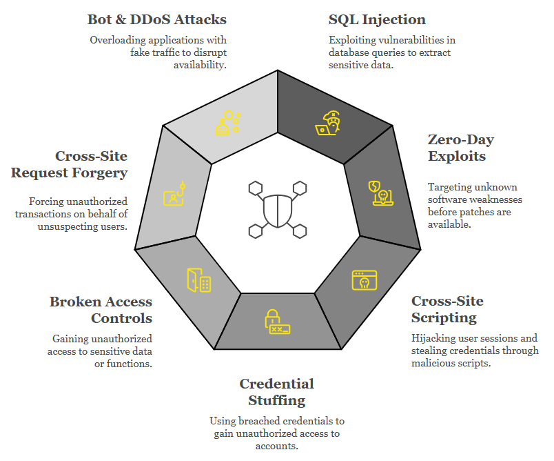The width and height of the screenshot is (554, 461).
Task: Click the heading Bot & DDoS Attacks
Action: [156, 19]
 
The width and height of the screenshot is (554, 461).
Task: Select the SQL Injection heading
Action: [377, 19]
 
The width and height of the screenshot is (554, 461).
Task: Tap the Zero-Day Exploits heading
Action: [461, 148]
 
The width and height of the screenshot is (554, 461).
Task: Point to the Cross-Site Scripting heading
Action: [447, 309]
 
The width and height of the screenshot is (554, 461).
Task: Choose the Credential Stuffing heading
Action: [276, 391]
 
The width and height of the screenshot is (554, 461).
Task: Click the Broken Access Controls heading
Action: [101, 309]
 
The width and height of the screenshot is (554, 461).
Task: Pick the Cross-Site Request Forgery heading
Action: [69, 164]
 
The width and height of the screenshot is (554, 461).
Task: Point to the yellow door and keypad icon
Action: [198, 279]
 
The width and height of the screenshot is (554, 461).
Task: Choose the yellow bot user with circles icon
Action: [228, 123]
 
